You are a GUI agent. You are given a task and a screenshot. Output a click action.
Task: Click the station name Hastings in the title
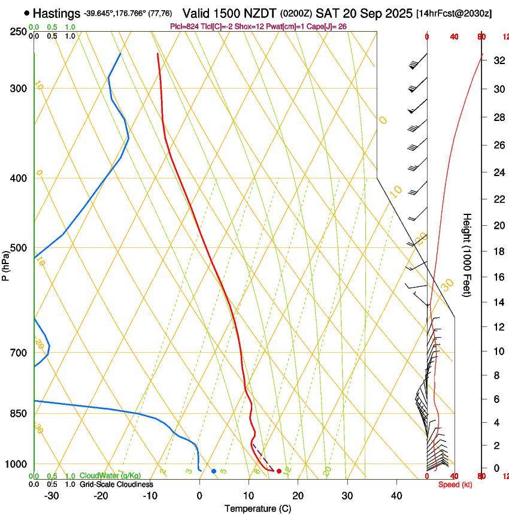click(x=57, y=13)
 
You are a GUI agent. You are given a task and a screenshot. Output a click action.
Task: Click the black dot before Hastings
click(x=28, y=13)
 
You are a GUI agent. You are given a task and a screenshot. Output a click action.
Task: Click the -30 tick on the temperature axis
click(x=52, y=495)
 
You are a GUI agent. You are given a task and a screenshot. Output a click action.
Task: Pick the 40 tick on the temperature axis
click(x=396, y=495)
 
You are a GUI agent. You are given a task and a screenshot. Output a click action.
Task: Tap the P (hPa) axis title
click(x=5, y=263)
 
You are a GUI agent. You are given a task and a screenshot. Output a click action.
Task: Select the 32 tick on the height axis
click(x=498, y=60)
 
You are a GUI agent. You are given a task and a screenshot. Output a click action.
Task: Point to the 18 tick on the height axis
click(x=498, y=252)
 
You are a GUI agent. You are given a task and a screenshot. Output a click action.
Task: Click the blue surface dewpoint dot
click(x=214, y=471)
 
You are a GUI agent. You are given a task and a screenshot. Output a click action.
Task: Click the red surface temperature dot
click(x=279, y=471)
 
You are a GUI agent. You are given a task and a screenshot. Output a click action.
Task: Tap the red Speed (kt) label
click(x=455, y=484)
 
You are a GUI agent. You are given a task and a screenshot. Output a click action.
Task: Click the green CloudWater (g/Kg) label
click(x=110, y=476)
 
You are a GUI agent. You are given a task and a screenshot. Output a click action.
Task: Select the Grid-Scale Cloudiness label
click(x=117, y=484)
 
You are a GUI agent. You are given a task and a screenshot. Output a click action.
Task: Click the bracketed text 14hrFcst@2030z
click(x=453, y=13)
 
